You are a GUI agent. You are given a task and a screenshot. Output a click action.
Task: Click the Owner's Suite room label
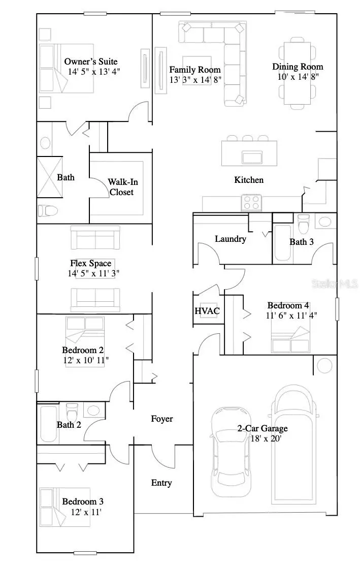tap(92, 62)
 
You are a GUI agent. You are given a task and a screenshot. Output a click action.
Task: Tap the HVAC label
tap(206, 311)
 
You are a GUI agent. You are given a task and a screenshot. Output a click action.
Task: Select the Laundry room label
tap(230, 239)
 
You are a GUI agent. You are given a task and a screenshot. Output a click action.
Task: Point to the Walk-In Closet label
tap(121, 187)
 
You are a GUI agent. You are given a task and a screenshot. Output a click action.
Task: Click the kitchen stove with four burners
tap(251, 203)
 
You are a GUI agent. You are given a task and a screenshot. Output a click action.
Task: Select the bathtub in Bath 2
tap(49, 423)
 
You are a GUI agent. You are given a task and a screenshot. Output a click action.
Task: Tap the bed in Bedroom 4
tap(291, 339)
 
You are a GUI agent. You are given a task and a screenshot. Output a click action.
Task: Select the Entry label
tap(161, 483)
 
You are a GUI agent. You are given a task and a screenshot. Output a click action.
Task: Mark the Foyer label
tap(162, 419)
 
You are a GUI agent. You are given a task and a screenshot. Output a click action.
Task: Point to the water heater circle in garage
tap(324, 365)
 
